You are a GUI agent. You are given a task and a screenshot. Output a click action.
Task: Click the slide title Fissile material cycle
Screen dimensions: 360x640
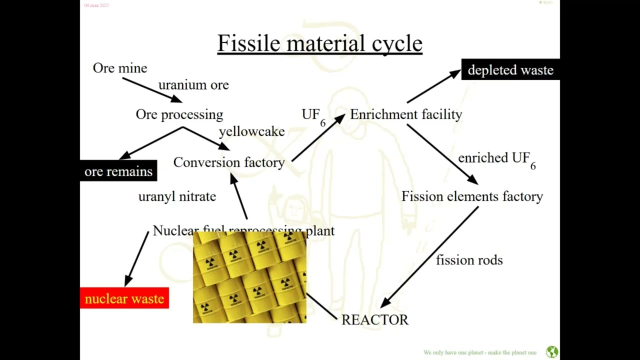click(x=319, y=43)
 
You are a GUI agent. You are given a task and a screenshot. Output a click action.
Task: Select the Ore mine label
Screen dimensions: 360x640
click(x=120, y=68)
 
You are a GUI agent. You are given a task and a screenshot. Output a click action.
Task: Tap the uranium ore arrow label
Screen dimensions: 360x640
click(x=193, y=85)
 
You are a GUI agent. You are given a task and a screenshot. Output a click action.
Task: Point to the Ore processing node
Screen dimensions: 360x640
click(x=179, y=114)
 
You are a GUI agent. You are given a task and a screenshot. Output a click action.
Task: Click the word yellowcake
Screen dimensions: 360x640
click(x=251, y=131)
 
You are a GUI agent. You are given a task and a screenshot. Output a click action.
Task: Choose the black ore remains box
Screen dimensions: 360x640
click(x=118, y=171)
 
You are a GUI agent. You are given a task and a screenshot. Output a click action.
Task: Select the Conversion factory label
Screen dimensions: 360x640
click(x=229, y=162)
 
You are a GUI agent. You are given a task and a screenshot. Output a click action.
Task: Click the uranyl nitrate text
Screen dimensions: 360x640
click(x=177, y=196)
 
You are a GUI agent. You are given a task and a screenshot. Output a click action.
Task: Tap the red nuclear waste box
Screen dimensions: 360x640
click(x=124, y=298)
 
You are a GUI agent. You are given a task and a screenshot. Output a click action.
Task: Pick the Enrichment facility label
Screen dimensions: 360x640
click(x=406, y=114)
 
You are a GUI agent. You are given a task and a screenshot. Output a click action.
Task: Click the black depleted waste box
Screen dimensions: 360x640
click(x=510, y=70)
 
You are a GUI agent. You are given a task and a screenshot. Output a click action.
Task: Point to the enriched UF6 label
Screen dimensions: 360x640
click(x=496, y=158)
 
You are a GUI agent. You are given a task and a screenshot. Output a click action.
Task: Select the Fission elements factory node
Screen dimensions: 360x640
click(x=472, y=196)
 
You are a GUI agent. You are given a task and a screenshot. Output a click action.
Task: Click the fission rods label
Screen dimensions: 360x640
click(x=469, y=260)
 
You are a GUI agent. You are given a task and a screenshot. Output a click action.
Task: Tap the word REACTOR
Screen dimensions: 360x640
click(x=374, y=320)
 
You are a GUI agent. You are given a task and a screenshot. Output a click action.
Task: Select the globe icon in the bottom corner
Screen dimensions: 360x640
click(x=552, y=352)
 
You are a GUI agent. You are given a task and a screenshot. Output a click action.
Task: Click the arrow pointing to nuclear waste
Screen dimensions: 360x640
click(x=136, y=258)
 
